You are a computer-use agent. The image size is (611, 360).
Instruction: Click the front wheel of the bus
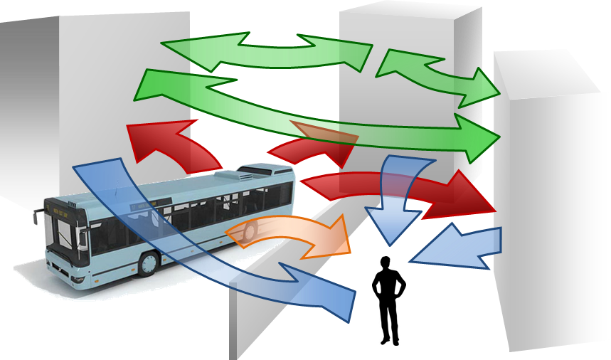(x=147, y=263)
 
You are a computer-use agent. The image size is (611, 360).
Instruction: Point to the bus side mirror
(x=35, y=216)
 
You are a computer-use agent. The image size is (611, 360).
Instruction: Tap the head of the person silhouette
(x=386, y=263)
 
